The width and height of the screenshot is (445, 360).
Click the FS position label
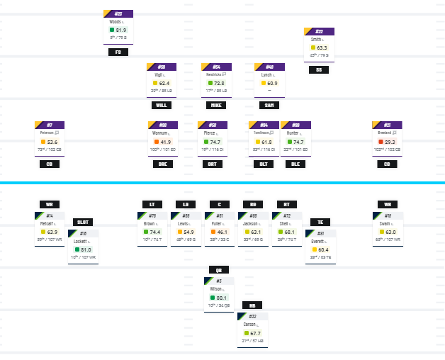[118, 52]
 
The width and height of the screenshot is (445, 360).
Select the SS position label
[319, 69]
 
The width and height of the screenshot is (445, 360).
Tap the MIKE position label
[216, 105]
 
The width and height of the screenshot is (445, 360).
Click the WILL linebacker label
[162, 105]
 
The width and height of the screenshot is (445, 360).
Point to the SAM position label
[269, 105]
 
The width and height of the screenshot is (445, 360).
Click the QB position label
[219, 269]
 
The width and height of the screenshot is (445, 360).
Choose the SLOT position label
[83, 222]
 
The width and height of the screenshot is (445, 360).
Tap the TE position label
[320, 222]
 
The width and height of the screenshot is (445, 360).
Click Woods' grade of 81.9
[121, 30]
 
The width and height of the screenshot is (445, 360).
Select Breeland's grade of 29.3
[390, 142]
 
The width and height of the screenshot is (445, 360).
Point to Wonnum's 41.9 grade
[166, 142]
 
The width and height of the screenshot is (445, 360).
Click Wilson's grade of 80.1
[222, 298]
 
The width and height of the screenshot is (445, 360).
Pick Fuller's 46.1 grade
[222, 232]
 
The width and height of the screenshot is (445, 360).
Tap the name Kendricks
[213, 74]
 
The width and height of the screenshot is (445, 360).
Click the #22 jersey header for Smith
[319, 32]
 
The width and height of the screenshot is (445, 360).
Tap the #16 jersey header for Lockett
[83, 232]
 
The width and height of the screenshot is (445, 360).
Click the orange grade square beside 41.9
[156, 142]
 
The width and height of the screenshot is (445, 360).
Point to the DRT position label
[212, 164]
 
